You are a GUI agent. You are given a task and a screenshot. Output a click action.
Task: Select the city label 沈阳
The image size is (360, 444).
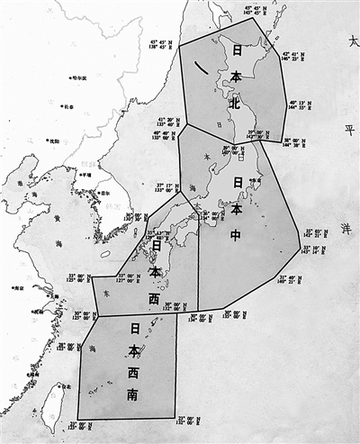[53, 140]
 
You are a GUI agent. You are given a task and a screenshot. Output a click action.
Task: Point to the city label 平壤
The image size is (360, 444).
[85, 175]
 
